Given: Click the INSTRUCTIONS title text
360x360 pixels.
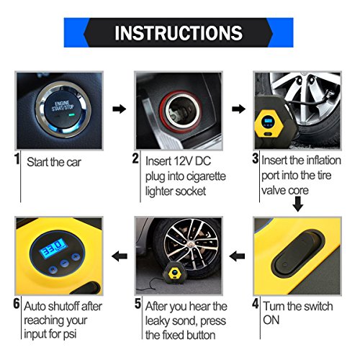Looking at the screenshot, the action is tap(179, 32).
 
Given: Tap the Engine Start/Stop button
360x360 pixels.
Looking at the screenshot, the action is tap(63, 109).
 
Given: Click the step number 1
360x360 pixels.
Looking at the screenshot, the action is tap(17, 159).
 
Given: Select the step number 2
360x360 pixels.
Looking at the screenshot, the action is tap(135, 158).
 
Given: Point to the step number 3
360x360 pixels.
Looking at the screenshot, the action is tap(255, 158).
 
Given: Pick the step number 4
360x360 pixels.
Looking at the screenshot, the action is tap(256, 304).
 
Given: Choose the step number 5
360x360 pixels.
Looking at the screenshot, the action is tap(138, 304).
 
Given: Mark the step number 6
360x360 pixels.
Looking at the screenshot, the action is tap(17, 304).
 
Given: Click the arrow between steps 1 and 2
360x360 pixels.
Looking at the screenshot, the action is tap(120, 109).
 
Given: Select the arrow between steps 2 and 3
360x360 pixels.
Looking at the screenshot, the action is tap(238, 109).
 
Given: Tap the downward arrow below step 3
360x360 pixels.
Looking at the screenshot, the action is tap(298, 204).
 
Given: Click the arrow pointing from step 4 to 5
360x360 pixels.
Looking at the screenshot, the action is tap(237, 256).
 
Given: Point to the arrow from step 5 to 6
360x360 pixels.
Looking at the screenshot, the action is tap(120, 256).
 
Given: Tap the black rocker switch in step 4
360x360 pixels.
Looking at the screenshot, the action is tap(298, 255).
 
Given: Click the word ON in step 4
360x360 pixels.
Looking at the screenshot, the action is tap(271, 320).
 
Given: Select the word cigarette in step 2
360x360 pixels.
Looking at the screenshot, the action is tap(206, 176).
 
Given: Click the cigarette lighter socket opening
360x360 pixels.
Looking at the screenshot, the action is tap(181, 111).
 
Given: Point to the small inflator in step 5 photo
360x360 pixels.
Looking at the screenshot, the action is tap(173, 273).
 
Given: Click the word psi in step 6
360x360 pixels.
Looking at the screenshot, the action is tap(69, 334).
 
